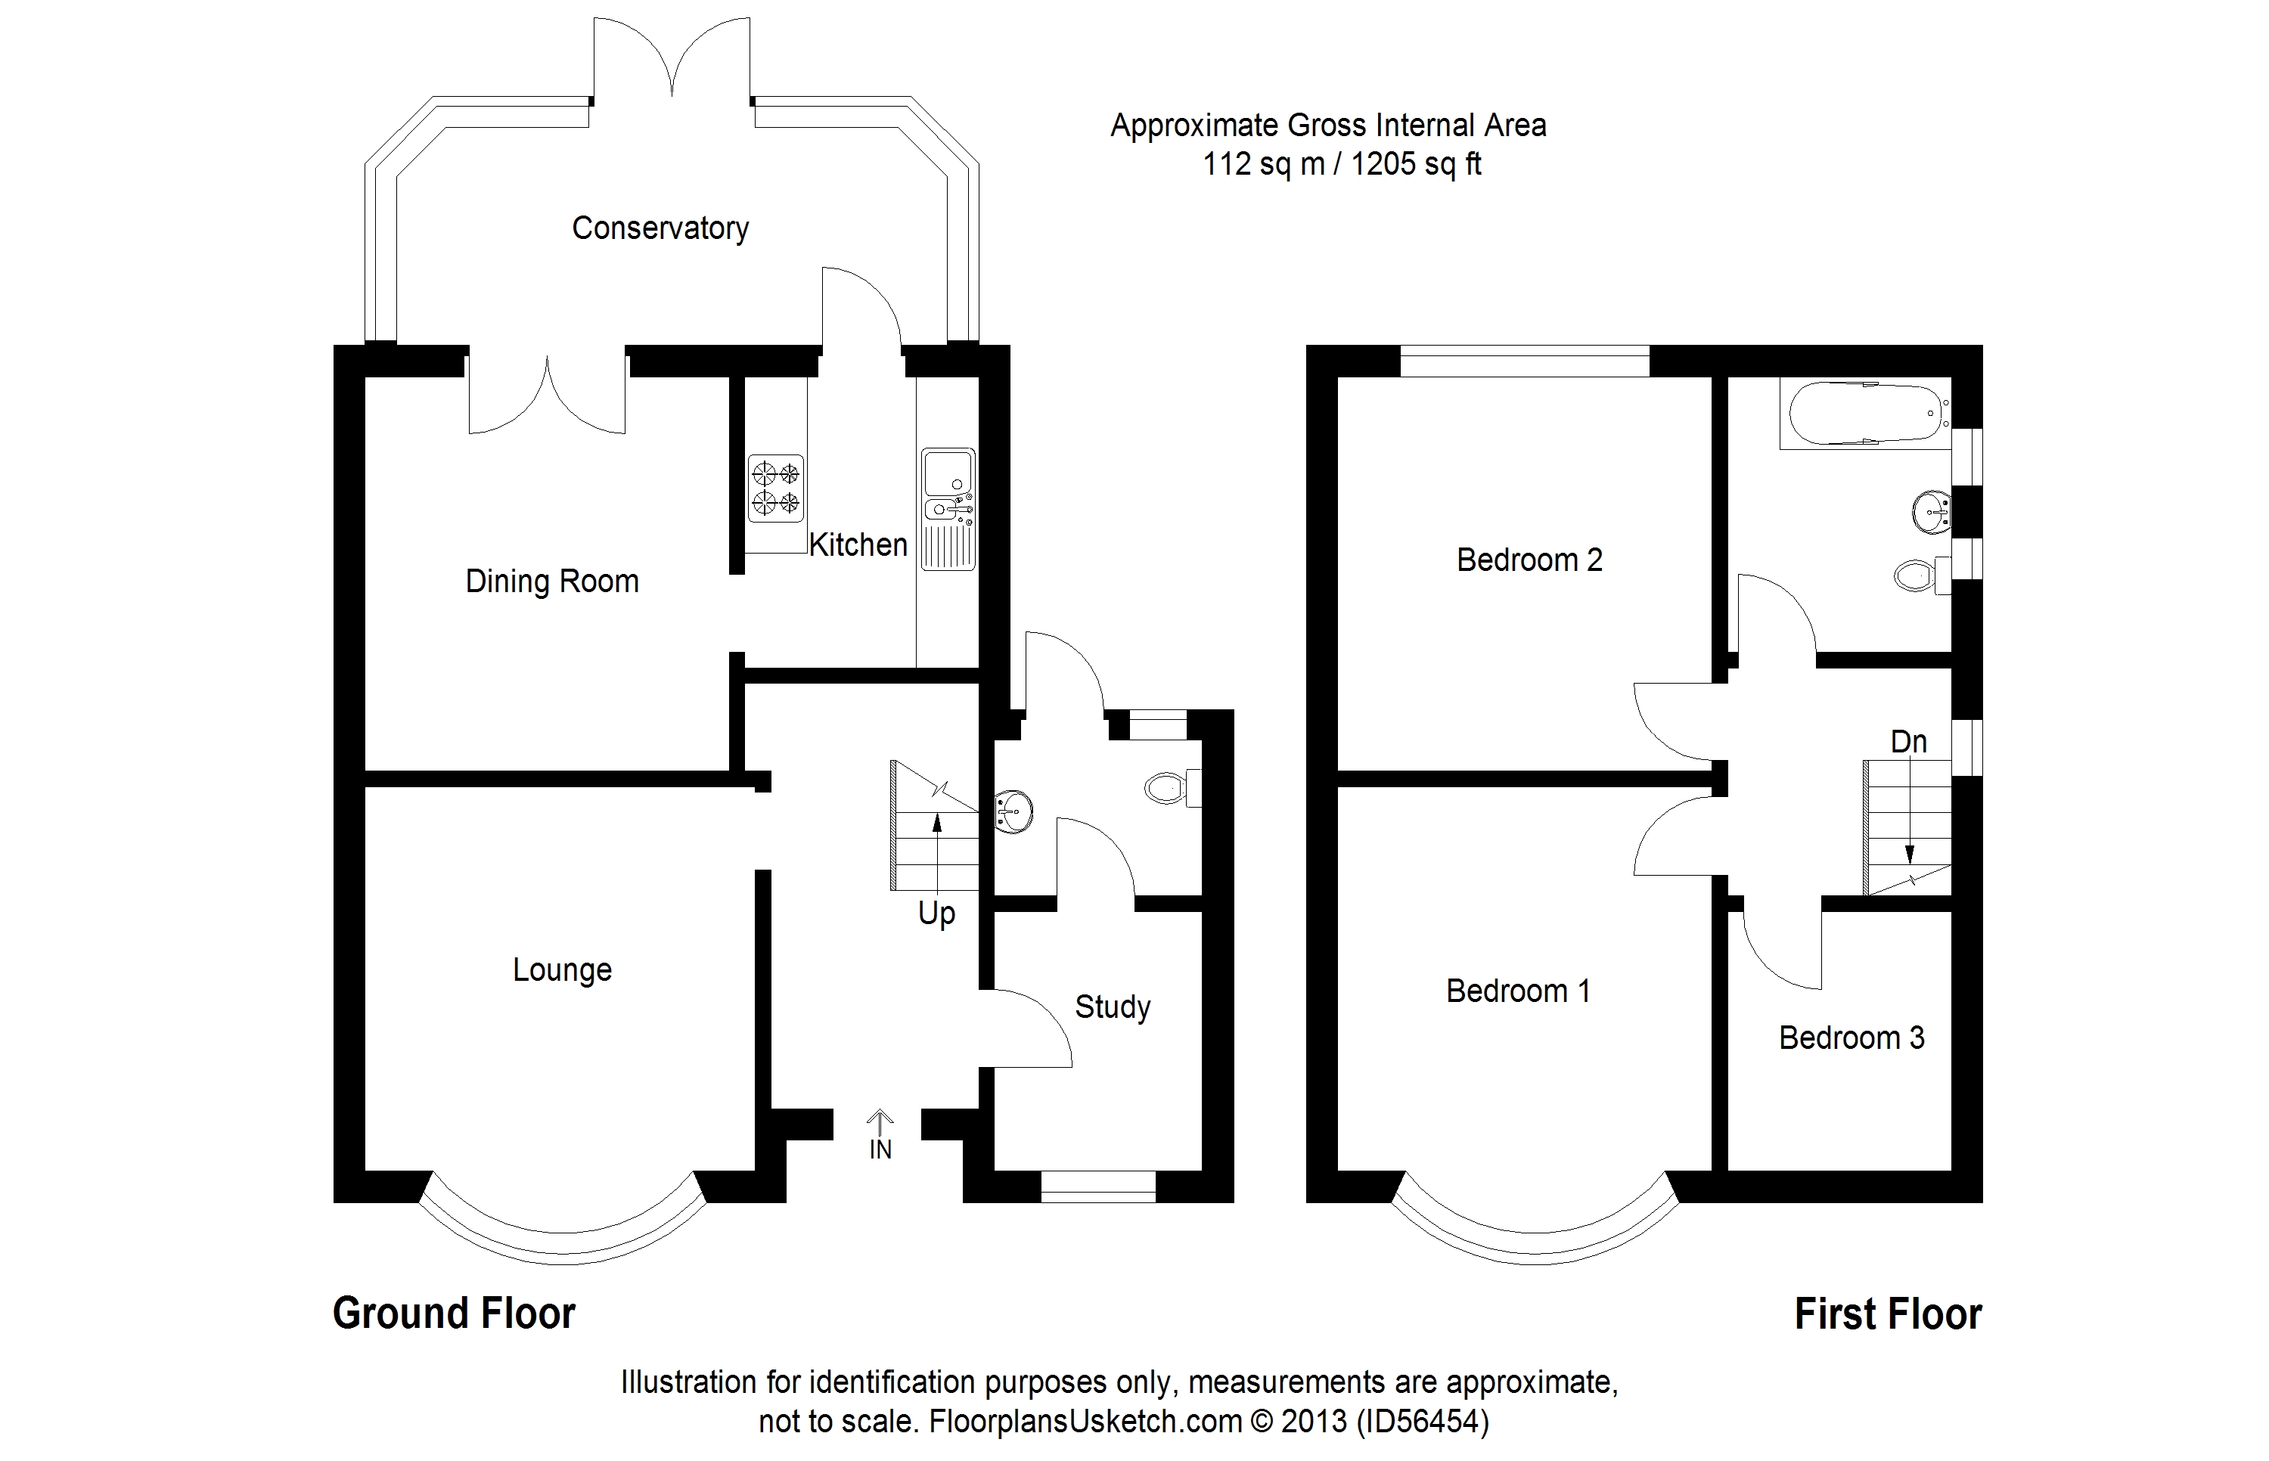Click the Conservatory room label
[x=660, y=228]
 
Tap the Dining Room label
[x=552, y=582]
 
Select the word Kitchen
[x=858, y=544]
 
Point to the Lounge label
[x=561, y=969]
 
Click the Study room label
[x=1112, y=1007]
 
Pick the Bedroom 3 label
[x=1851, y=1038]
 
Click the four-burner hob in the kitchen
[x=776, y=488]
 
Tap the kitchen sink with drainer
[x=948, y=510]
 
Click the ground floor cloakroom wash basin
[x=1012, y=811]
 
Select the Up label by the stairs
[x=936, y=914]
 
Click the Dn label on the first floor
[x=1908, y=741]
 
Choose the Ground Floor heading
[x=453, y=1314]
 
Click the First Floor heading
[x=1888, y=1315]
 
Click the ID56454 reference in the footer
[x=1423, y=1420]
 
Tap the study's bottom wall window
[x=1098, y=1186]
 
